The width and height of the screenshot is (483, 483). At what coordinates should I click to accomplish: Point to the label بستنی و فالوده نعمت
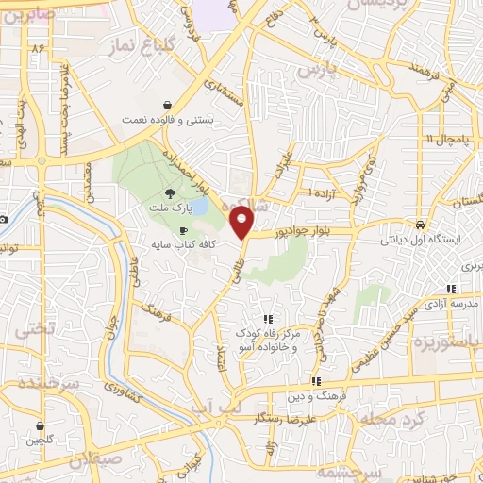coord(173,120)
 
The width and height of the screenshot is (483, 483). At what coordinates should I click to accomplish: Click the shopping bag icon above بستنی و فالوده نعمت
coord(167,105)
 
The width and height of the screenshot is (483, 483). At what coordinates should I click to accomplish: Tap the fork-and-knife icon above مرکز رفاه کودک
coord(268,319)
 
